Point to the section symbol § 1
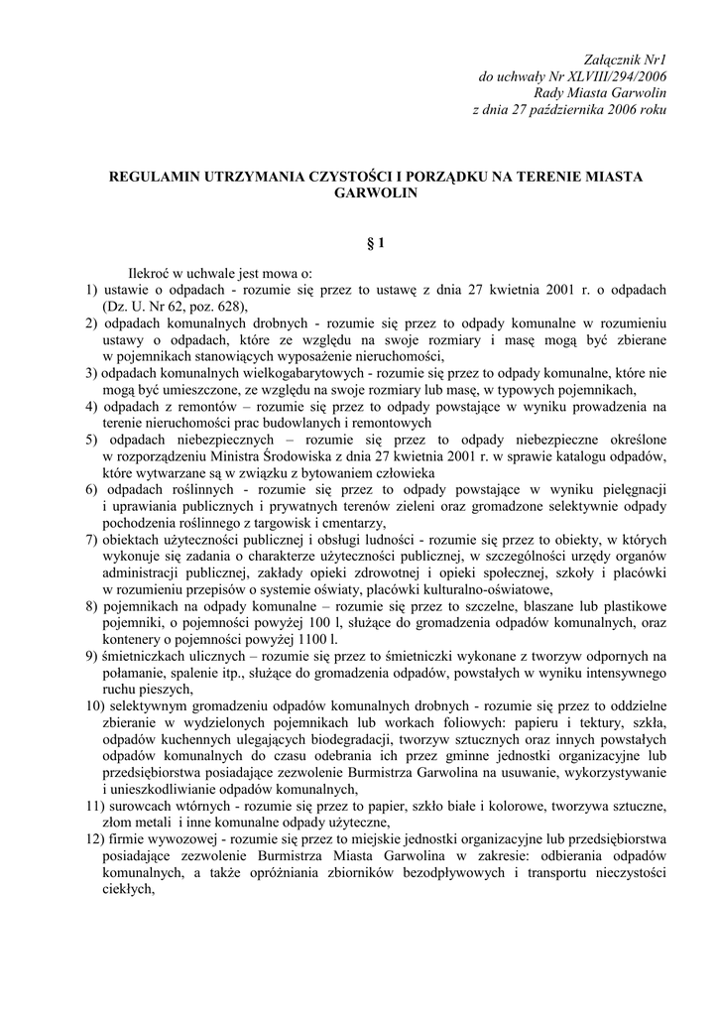coord(376,242)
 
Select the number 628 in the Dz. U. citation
coord(217,307)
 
